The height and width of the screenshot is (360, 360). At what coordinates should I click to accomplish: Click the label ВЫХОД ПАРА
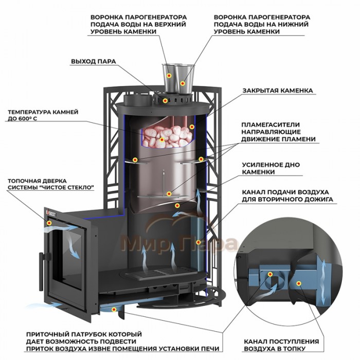pyautogui.click(x=94, y=62)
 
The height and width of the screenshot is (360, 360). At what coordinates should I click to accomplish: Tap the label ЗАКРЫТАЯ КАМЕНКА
pyautogui.click(x=278, y=91)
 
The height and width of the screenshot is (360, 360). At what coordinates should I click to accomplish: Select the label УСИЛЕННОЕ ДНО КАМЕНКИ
pyautogui.click(x=271, y=168)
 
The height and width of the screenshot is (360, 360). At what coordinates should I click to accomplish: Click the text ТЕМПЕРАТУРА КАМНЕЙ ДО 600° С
pyautogui.click(x=43, y=115)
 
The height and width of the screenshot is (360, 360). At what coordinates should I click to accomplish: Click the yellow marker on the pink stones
pyautogui.click(x=162, y=139)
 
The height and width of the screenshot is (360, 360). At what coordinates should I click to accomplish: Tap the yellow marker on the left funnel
pyautogui.click(x=169, y=76)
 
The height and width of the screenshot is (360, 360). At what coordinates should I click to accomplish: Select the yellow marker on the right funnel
pyautogui.click(x=182, y=83)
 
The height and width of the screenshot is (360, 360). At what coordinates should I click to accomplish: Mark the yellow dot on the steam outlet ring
pyautogui.click(x=165, y=101)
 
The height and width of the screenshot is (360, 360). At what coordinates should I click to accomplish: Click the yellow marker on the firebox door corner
pyautogui.click(x=49, y=223)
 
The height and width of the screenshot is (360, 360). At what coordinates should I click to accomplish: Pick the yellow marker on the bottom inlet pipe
pyautogui.click(x=114, y=310)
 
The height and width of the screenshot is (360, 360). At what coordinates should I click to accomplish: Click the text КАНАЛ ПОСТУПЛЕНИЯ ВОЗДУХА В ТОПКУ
pyautogui.click(x=281, y=345)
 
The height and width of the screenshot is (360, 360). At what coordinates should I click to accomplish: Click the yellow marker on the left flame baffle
pyautogui.click(x=135, y=159)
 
